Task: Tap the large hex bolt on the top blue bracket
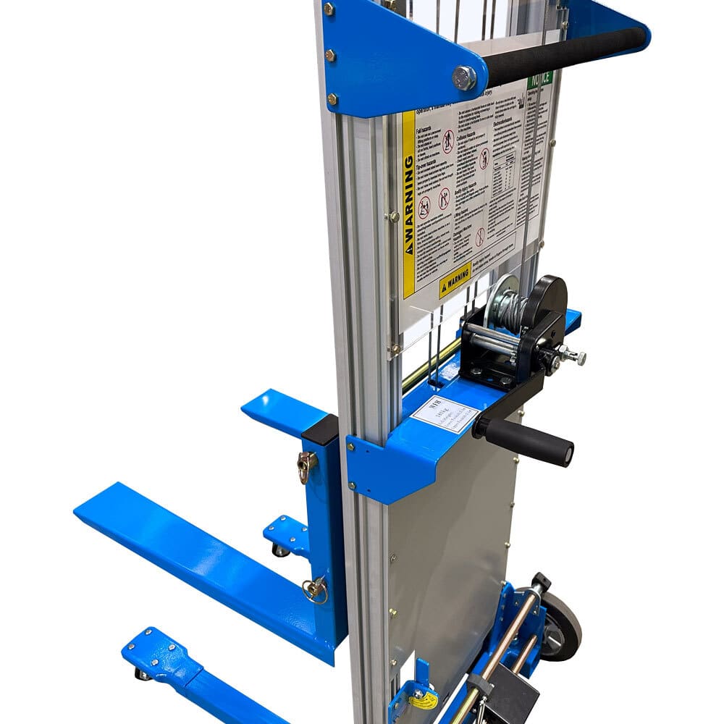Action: point(464,77)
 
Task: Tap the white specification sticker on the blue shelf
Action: point(445,415)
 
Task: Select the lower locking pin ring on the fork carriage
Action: point(314,590)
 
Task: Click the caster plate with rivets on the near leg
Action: point(159,655)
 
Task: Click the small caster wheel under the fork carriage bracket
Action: point(279,550)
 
